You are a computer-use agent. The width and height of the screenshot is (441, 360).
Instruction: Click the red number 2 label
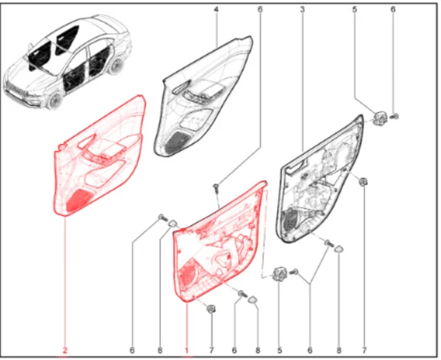click(65, 350)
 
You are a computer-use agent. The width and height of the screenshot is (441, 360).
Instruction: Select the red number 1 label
click(186, 350)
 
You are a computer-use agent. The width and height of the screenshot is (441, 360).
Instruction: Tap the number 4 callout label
click(216, 10)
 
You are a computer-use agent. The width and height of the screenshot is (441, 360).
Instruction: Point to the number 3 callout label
click(302, 10)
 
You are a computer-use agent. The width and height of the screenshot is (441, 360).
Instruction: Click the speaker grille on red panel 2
click(78, 199)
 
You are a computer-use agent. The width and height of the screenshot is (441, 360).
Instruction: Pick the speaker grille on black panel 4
click(174, 141)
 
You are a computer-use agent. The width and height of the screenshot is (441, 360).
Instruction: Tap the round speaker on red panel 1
click(187, 274)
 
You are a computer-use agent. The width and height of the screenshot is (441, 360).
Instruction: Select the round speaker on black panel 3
click(290, 220)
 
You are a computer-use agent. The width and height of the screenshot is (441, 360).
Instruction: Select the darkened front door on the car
click(74, 79)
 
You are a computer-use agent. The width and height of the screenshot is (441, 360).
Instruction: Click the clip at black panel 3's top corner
click(379, 118)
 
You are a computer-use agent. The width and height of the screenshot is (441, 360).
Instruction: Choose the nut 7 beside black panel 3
click(363, 181)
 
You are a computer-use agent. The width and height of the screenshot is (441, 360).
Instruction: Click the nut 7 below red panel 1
click(210, 309)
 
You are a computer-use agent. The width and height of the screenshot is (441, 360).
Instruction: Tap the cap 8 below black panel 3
click(339, 249)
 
